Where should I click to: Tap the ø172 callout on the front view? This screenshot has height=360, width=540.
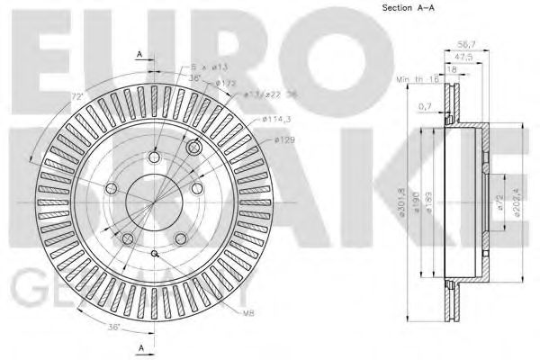[x=225, y=84]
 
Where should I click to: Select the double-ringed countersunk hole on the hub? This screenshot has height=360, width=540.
[x=192, y=147]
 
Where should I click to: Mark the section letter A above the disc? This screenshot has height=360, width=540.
[x=139, y=55]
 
